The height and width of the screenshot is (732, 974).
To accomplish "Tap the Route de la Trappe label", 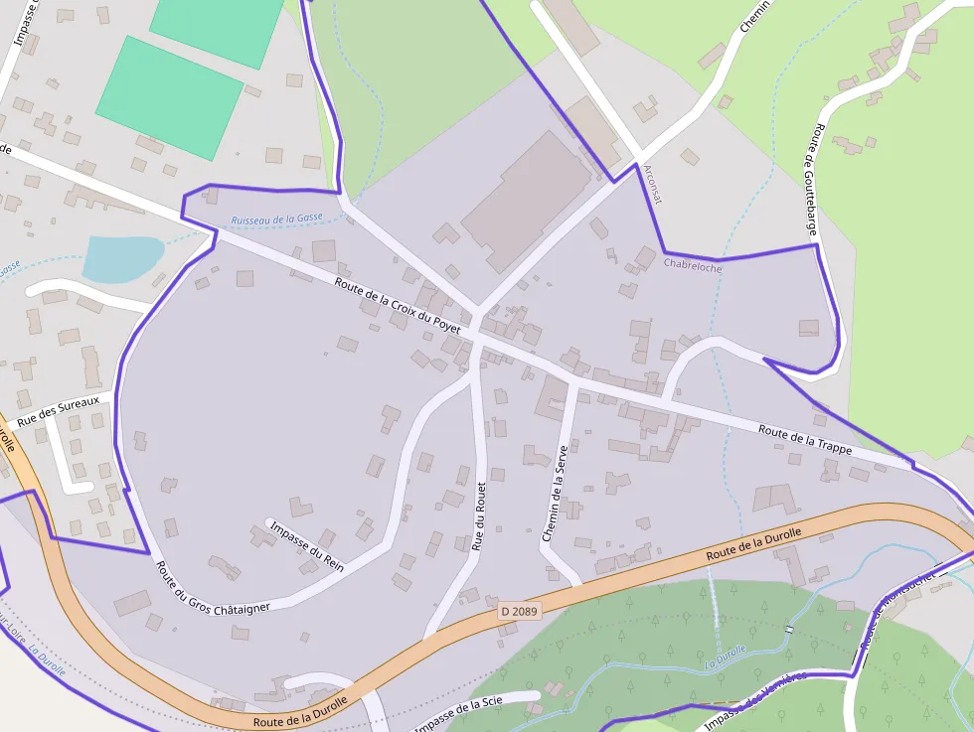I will point(804,439).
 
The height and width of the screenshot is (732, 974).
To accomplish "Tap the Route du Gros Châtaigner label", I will point(212,588).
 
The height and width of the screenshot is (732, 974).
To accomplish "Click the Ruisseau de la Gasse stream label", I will point(276,220).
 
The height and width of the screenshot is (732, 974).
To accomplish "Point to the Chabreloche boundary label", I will point(692,265).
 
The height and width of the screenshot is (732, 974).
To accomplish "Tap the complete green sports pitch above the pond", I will point(169,98).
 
